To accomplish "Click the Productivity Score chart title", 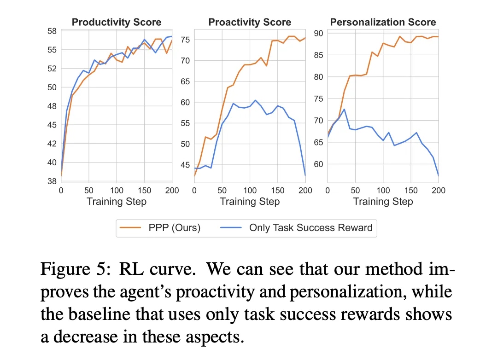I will click(116, 22).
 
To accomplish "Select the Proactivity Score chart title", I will click(250, 22).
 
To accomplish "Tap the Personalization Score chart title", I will click(383, 22).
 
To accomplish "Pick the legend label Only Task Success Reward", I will click(311, 227).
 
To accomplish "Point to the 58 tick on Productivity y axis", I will click(52, 31).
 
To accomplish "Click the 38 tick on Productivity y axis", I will click(52, 182).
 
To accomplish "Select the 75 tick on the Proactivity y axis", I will click(185, 40).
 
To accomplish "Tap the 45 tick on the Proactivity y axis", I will click(185, 165).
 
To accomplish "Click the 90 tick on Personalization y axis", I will click(319, 33).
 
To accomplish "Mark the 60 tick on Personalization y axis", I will click(319, 164).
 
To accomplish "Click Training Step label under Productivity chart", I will click(116, 202).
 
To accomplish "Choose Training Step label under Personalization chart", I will click(383, 202).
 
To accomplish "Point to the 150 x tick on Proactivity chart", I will click(277, 190).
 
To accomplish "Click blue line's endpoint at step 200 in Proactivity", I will click(305, 175).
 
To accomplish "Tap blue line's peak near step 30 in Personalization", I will click(344, 109).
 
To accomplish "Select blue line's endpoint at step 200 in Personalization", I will click(438, 175).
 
